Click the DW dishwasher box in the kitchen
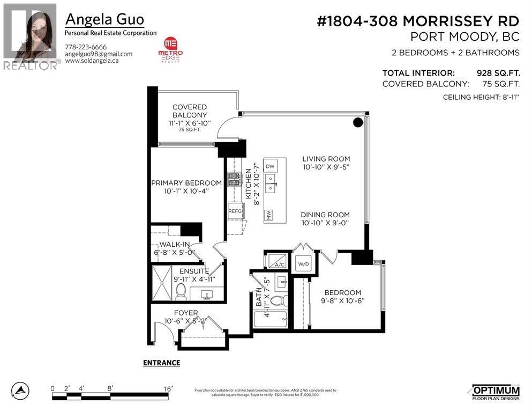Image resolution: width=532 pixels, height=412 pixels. click(271, 166)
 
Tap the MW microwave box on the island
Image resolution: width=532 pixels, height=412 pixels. click(268, 216)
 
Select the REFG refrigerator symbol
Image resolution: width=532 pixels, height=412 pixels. click(235, 211)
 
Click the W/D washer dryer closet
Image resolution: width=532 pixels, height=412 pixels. click(303, 263)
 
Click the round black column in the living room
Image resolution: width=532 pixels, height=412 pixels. click(357, 122)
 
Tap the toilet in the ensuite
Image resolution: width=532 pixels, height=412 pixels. click(181, 292)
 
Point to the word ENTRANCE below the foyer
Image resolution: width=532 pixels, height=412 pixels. click(161, 363)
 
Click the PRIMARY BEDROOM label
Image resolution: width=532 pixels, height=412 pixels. click(186, 183)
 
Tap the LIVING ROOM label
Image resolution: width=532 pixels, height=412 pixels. click(326, 159)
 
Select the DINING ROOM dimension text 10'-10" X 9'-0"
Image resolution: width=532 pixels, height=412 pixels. click(326, 223)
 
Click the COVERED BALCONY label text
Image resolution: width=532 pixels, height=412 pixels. click(190, 111)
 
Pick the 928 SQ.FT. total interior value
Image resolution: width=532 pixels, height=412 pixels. click(498, 73)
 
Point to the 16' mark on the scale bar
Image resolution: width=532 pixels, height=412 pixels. click(168, 389)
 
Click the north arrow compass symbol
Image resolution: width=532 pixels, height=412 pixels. click(20, 391)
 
